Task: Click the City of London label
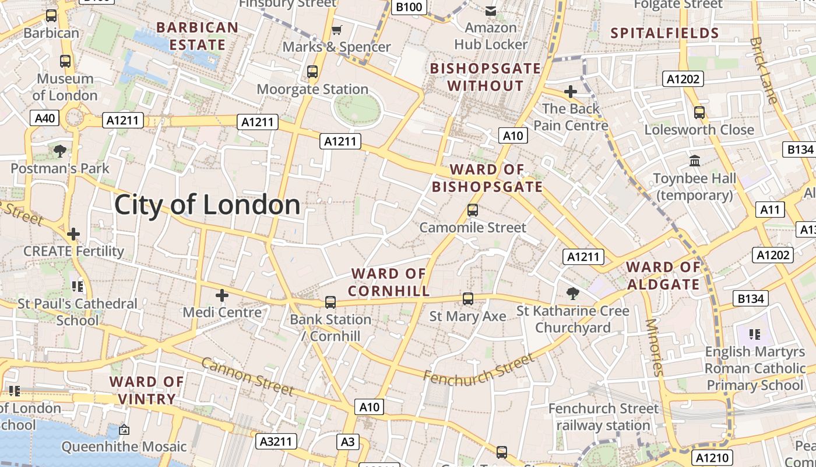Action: point(207,205)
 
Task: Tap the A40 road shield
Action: point(45,119)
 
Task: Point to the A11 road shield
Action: point(771,210)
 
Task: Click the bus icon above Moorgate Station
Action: point(312,72)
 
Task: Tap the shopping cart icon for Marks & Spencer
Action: point(336,30)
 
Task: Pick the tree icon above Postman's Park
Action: point(59,152)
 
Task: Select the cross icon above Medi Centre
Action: point(221,295)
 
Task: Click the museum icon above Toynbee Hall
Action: point(695,161)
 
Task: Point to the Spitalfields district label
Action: point(664,33)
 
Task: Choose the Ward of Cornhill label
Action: point(389,282)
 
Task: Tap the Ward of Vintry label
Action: point(147,391)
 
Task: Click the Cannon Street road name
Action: point(248,376)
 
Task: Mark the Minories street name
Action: point(655,347)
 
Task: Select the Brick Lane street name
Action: point(764,71)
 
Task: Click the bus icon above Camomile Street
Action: point(473,210)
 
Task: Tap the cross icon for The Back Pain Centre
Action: point(571,92)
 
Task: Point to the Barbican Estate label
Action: point(197,36)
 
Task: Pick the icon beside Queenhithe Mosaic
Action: point(124,430)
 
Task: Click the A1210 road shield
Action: point(713,458)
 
